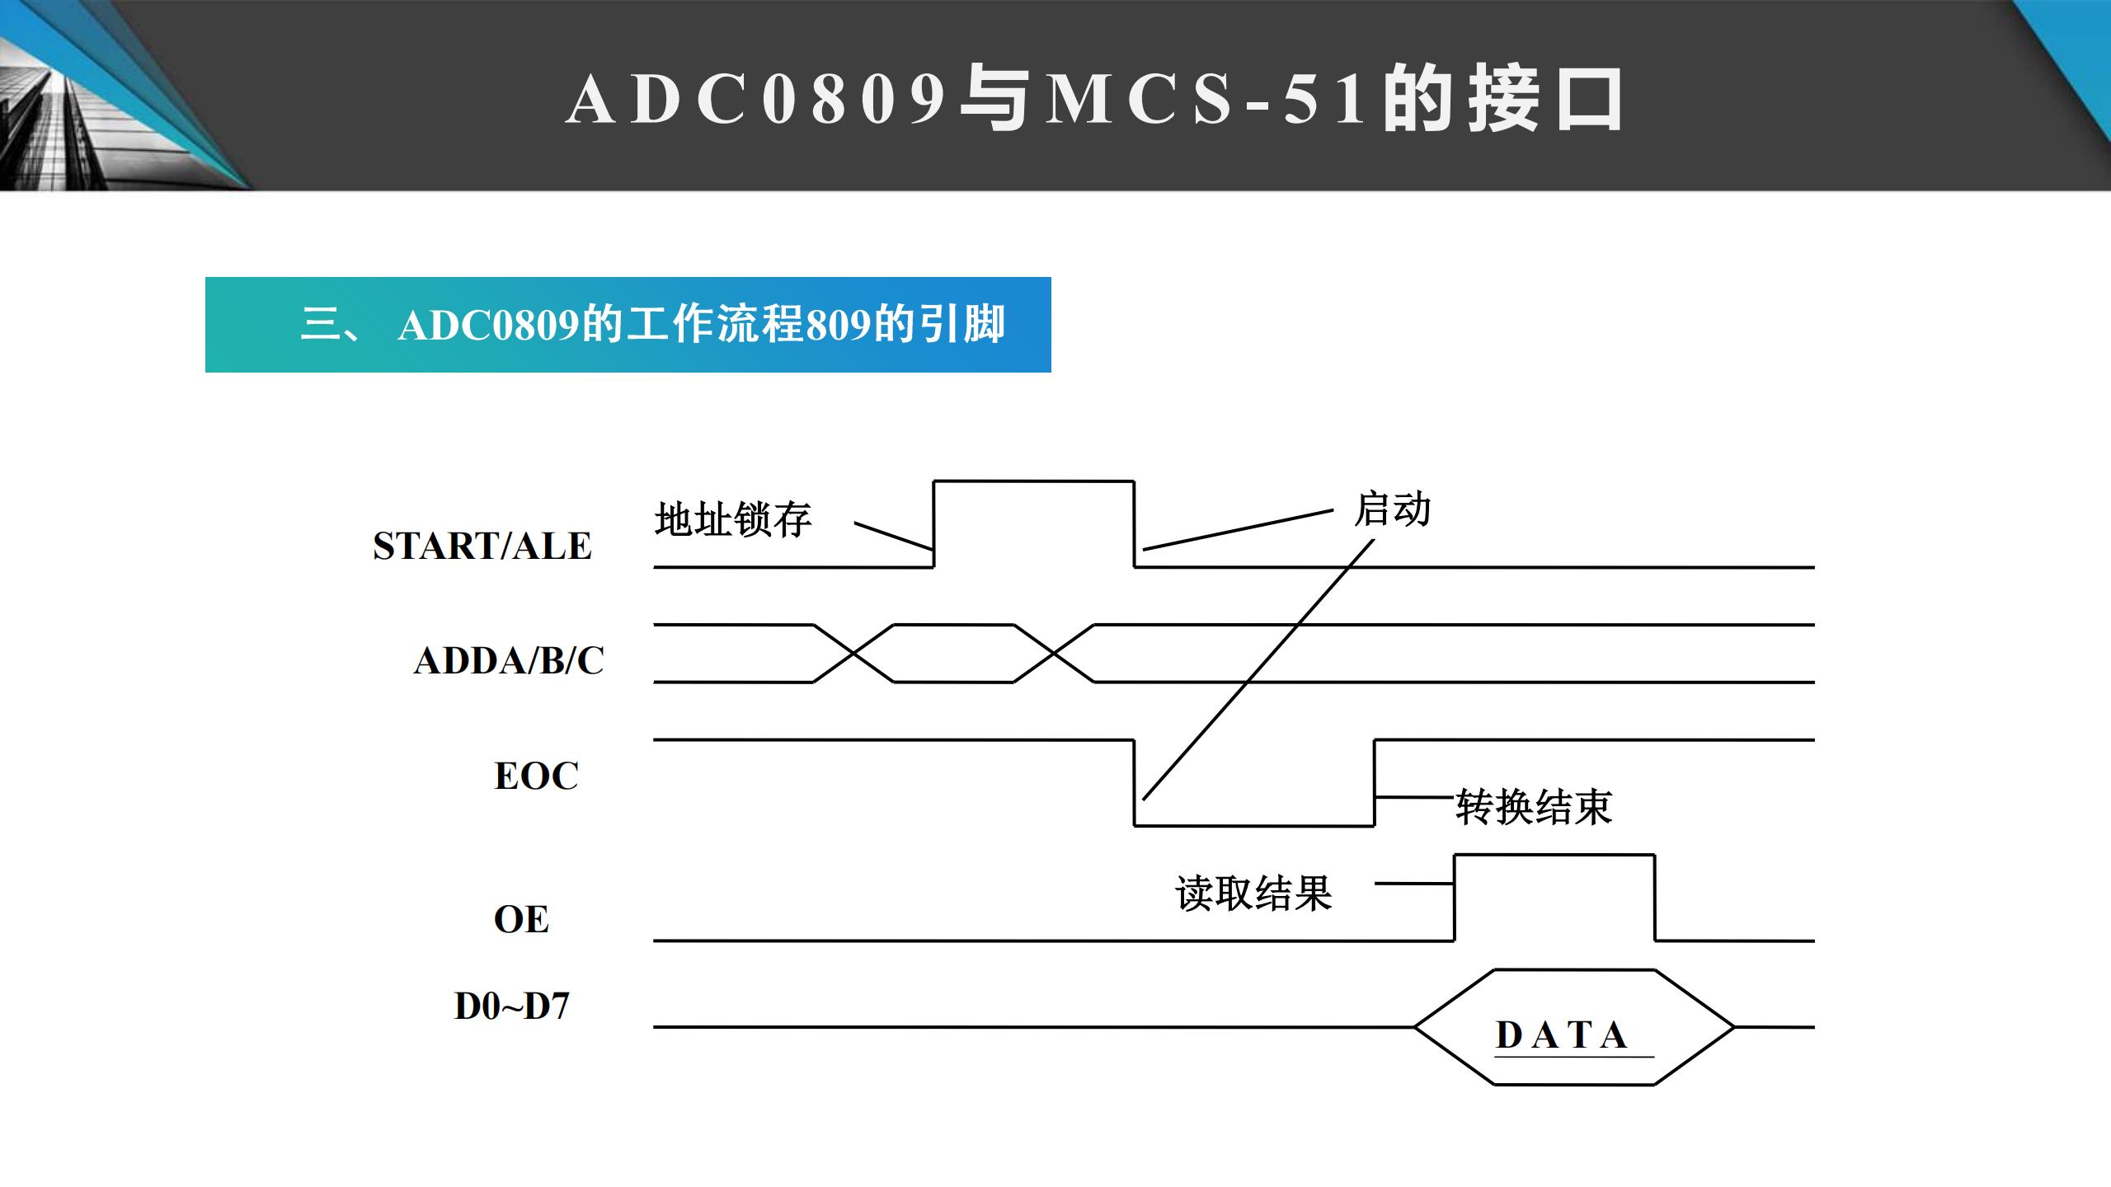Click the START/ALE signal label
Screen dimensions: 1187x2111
pyautogui.click(x=482, y=546)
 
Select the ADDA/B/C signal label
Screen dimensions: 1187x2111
pyautogui.click(x=509, y=660)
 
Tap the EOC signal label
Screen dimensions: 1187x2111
pyautogui.click(x=536, y=776)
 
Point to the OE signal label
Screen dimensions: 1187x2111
pyautogui.click(x=521, y=919)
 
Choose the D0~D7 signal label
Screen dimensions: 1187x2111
pyautogui.click(x=512, y=1006)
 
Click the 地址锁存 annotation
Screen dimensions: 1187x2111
pyautogui.click(x=733, y=519)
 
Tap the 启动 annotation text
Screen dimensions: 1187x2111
pyautogui.click(x=1393, y=509)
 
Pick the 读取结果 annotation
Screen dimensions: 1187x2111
pyautogui.click(x=1253, y=893)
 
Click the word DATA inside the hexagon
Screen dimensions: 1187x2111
pyautogui.click(x=1561, y=1035)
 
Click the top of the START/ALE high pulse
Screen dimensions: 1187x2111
pyautogui.click(x=1033, y=481)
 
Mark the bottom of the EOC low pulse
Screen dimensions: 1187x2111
pyautogui.click(x=1254, y=825)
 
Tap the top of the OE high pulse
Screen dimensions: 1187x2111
pyautogui.click(x=1554, y=856)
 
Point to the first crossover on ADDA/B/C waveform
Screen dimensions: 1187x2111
pyautogui.click(x=853, y=654)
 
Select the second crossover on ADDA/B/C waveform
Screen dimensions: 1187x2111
pyautogui.click(x=1054, y=654)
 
